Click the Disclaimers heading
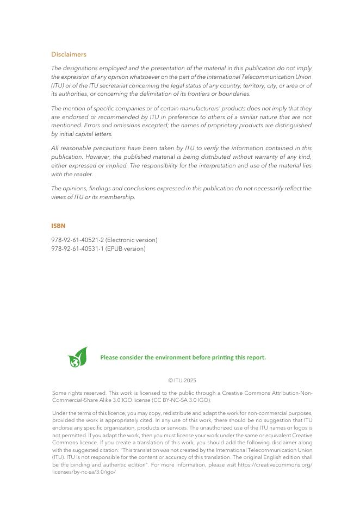click(x=69, y=54)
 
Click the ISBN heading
click(x=58, y=225)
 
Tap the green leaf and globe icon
click(x=77, y=357)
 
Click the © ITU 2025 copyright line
click(x=182, y=380)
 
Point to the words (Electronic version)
click(x=132, y=240)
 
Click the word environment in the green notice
click(x=174, y=357)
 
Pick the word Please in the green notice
click(x=109, y=357)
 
